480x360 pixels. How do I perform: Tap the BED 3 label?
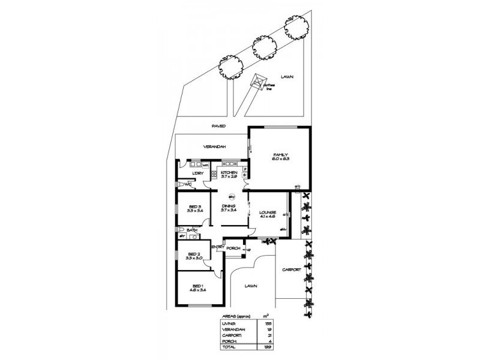(193, 208)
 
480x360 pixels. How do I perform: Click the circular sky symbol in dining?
(232, 196)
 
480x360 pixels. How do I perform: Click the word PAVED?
(218, 127)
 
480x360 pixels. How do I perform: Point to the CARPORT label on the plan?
(291, 270)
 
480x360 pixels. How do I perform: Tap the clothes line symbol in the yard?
(259, 82)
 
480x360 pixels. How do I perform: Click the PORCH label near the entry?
(234, 248)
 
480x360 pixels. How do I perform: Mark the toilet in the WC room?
(180, 185)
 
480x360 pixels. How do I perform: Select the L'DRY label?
(199, 174)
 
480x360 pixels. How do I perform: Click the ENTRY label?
(217, 247)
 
